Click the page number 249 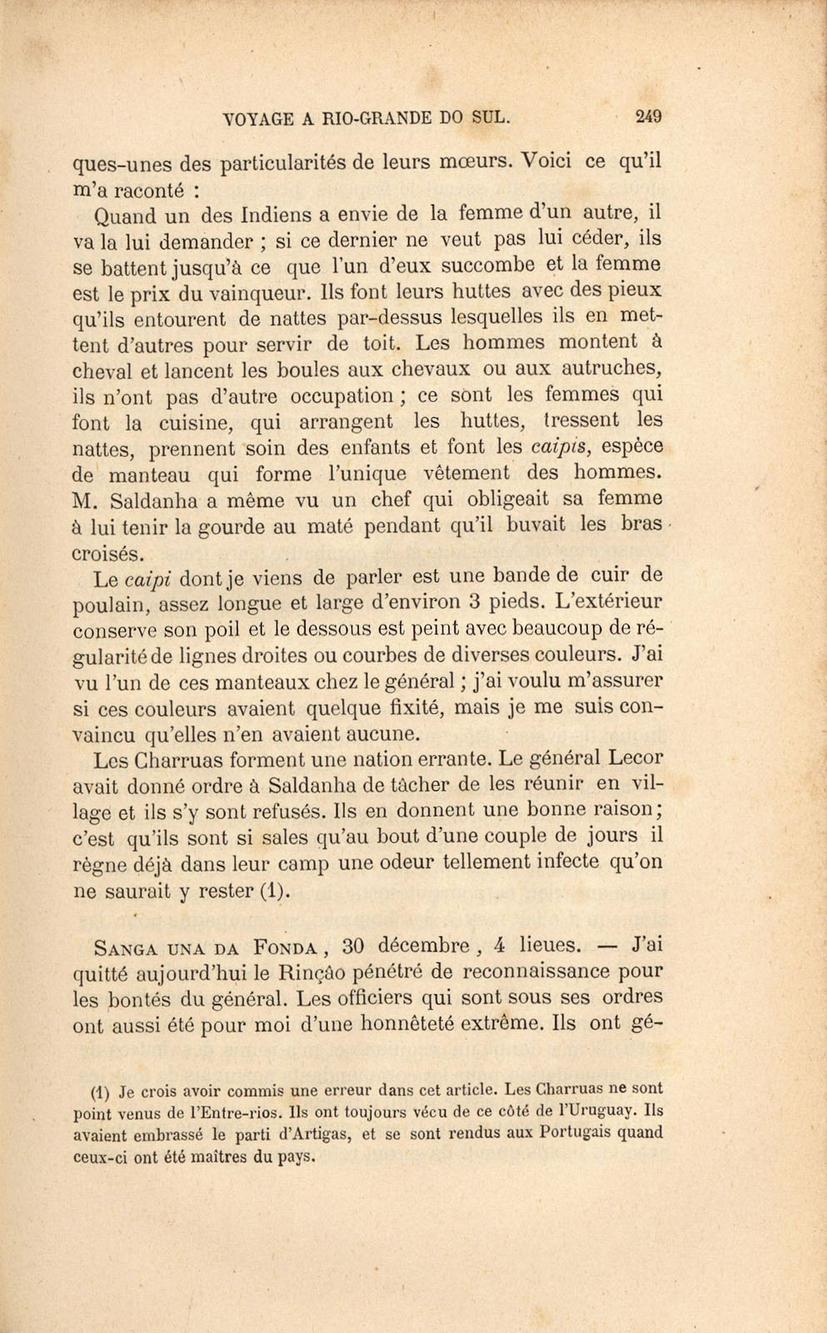click(647, 117)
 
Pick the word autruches click(610, 367)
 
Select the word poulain click(110, 603)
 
